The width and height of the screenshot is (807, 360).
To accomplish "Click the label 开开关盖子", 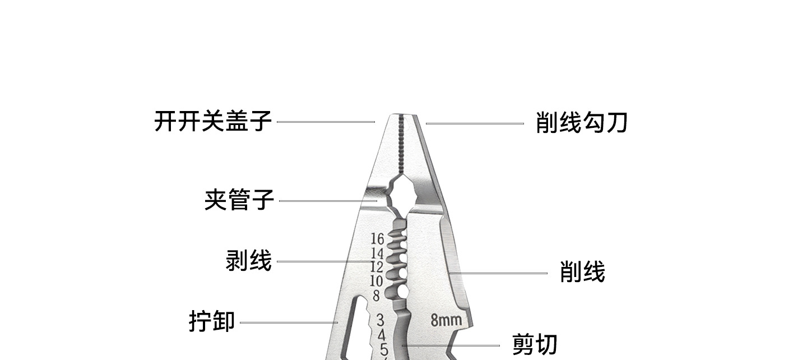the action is coord(213,121).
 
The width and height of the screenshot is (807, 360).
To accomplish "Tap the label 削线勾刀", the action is coord(581,123).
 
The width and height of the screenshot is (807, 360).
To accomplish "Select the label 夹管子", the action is coord(239,200).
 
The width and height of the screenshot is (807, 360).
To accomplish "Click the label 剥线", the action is coord(248,261).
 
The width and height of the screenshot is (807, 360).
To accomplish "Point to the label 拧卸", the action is coord(211,322).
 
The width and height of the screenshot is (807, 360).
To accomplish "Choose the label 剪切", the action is coord(535,344).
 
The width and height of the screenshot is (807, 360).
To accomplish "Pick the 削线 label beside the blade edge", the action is coord(582,273).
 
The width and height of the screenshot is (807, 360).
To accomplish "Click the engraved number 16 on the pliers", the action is coord(377,239).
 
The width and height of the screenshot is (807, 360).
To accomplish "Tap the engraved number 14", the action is coord(377,253).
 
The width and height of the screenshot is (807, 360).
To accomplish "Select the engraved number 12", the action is coord(377,267).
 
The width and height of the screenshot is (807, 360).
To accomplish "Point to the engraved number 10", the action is coord(376,281).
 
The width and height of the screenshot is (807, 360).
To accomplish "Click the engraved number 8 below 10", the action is coord(376,296).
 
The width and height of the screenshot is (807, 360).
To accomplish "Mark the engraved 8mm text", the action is coord(446,320).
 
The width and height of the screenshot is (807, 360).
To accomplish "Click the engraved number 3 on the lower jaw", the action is coord(380,320).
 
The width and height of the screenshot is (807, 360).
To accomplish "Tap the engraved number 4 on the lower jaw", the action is coord(382,335).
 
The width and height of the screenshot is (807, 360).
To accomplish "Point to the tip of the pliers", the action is coord(402,117).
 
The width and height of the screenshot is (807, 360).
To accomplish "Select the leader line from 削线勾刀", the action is coord(474,123).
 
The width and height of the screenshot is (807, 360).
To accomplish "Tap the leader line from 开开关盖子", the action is coord(326,122).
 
